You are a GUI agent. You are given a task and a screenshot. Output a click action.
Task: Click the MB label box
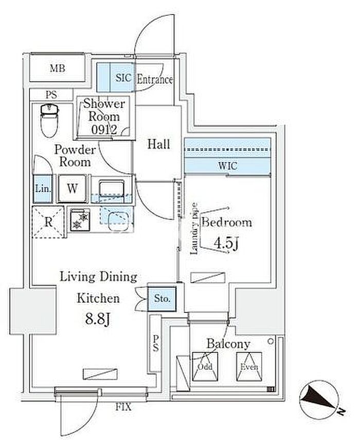[x=57, y=68]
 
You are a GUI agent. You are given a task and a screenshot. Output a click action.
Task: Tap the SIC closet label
[x=123, y=79]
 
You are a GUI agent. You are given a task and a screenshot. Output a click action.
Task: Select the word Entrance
[x=154, y=80]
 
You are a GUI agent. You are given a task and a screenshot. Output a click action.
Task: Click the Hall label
[x=158, y=144]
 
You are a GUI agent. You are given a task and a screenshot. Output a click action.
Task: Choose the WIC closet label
[x=227, y=166]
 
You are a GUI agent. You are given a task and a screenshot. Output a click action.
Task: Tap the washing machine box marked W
[x=72, y=189]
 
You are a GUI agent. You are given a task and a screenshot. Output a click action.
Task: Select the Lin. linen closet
[x=43, y=189]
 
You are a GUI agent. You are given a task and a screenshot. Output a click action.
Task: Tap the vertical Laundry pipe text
[x=194, y=228]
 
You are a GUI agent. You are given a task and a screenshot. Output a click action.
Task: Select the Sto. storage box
[x=162, y=297]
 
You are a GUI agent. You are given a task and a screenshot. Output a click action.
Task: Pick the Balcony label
[x=228, y=344]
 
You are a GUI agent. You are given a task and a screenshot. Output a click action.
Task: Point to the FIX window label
[x=123, y=408]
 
